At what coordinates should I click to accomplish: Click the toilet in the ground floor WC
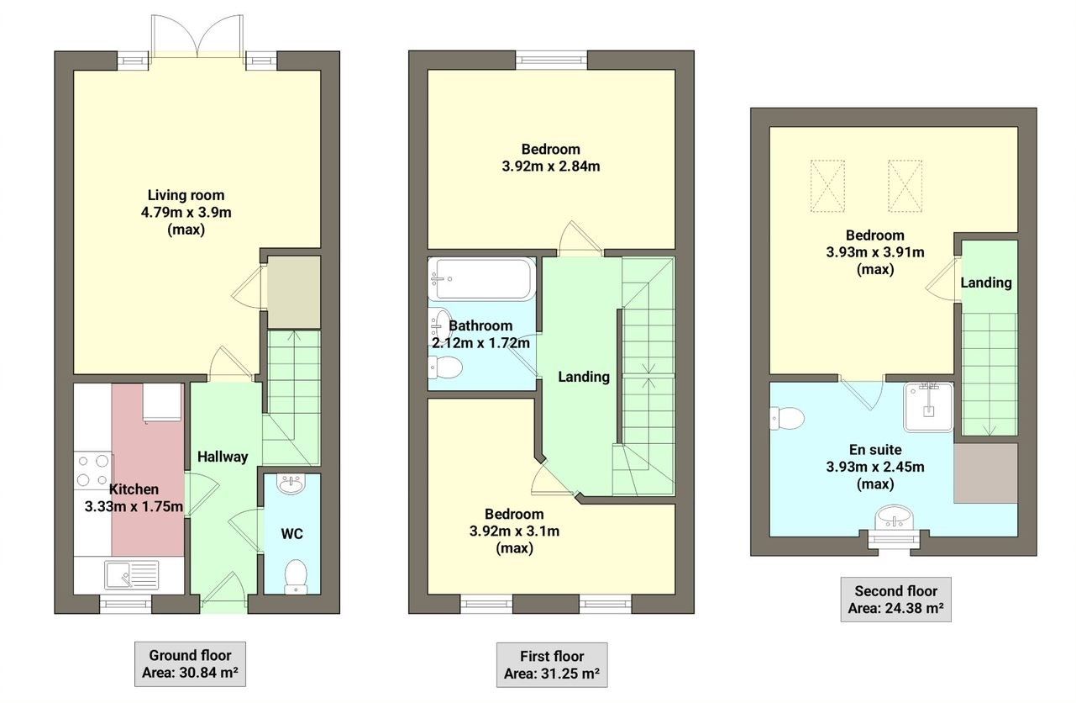(x=295, y=577)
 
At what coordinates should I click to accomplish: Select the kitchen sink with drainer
(x=130, y=576)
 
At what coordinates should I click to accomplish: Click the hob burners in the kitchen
(x=92, y=471)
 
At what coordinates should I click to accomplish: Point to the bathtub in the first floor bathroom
(x=481, y=279)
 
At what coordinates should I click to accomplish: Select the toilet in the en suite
(x=786, y=416)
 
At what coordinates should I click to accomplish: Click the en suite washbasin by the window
(x=894, y=518)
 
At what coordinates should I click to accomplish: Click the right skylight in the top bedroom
(x=905, y=185)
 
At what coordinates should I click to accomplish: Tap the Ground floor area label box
(x=190, y=663)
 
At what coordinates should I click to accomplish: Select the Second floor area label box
(x=895, y=599)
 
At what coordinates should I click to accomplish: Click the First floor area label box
(x=551, y=664)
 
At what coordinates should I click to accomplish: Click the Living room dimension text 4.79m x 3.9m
(x=186, y=212)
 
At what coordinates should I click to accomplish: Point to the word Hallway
(x=223, y=457)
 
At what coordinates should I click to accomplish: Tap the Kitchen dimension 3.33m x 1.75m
(x=134, y=506)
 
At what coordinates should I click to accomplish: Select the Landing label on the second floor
(x=986, y=283)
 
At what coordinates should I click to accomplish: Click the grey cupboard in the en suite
(x=985, y=473)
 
